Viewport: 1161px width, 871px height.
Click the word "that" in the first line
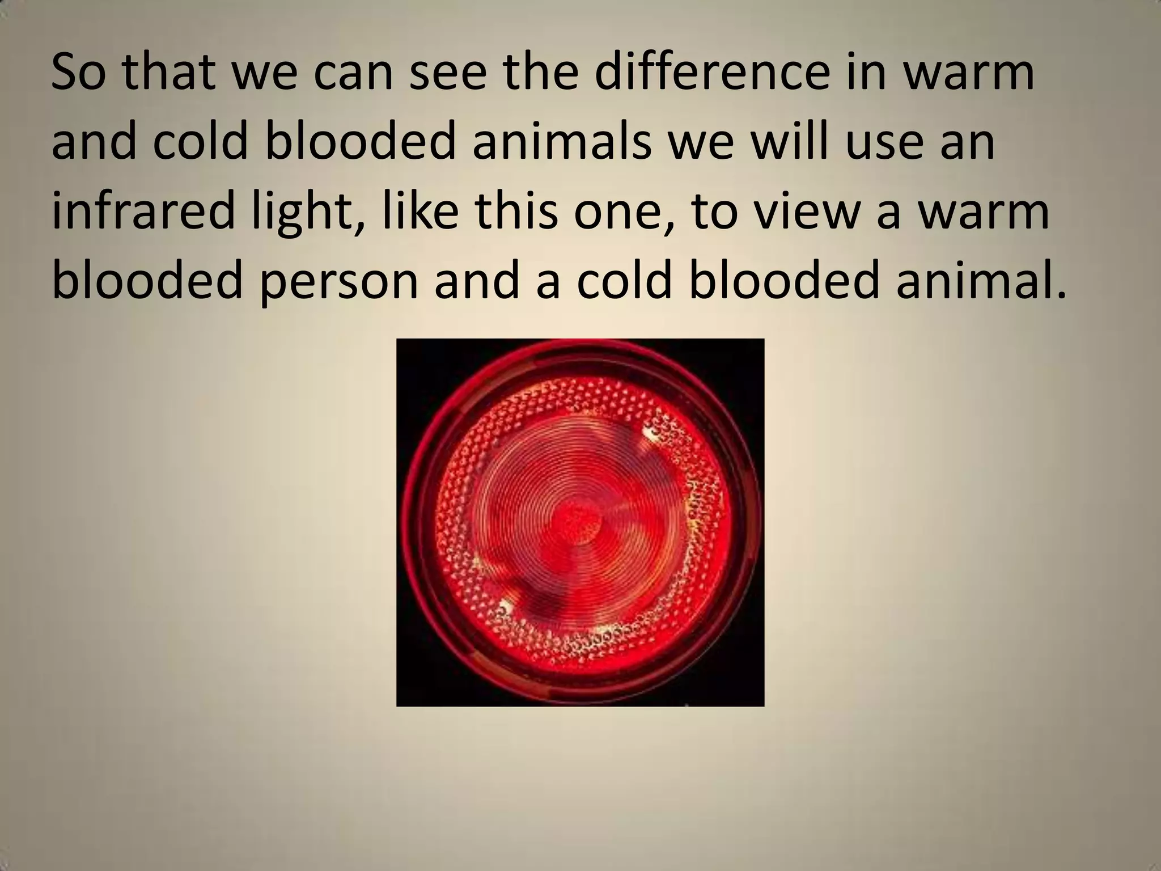pos(170,74)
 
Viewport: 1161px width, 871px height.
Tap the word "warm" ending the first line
pos(969,74)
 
